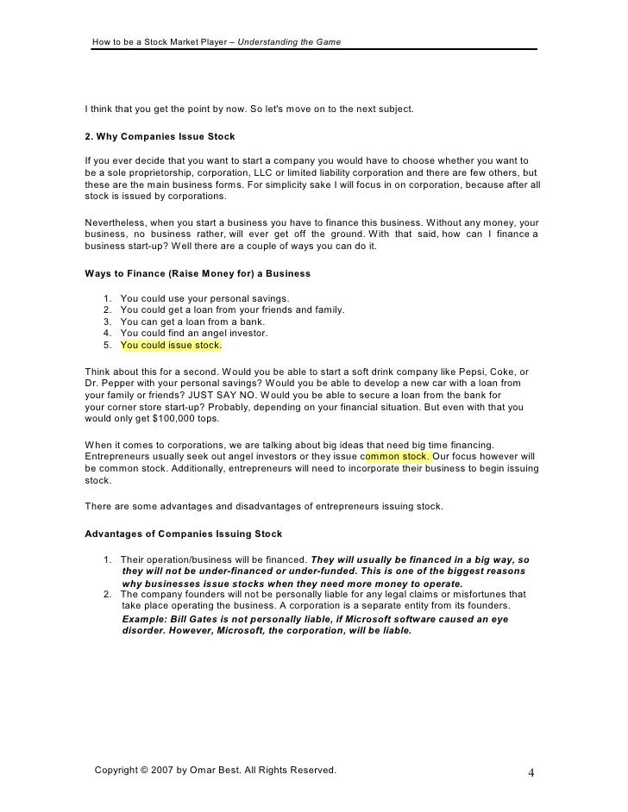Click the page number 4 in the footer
pos(531,771)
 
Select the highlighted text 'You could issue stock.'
pos(172,346)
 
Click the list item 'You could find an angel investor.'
pos(194,333)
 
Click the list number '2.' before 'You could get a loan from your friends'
pos(107,309)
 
